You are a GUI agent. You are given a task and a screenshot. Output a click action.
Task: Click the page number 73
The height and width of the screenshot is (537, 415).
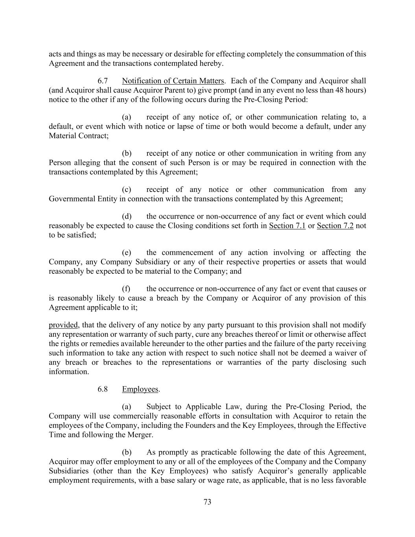(x=208, y=502)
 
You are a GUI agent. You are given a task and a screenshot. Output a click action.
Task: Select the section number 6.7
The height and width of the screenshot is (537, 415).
(x=103, y=81)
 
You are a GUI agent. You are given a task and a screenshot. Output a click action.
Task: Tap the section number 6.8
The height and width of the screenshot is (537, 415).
(x=103, y=389)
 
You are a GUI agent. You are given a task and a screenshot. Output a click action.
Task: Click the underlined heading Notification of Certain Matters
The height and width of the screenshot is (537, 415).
(x=173, y=81)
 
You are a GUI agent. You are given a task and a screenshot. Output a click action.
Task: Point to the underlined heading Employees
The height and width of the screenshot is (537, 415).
(x=140, y=389)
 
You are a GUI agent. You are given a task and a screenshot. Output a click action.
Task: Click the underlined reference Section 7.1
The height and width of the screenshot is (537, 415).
(x=287, y=226)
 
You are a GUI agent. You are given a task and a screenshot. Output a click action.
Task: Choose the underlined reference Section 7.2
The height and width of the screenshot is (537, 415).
(x=335, y=226)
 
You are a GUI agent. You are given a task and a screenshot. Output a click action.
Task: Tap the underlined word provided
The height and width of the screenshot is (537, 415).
(x=63, y=325)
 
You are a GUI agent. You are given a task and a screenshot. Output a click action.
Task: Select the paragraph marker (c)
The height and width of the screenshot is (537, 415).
(x=127, y=190)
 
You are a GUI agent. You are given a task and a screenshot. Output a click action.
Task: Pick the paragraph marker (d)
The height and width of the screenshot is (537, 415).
(x=127, y=216)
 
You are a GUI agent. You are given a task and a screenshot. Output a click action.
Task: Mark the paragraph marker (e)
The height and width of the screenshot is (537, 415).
(x=127, y=253)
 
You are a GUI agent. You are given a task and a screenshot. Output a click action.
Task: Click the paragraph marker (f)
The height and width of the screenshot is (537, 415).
(x=126, y=289)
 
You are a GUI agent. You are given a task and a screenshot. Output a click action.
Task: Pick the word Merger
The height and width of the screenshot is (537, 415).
(x=140, y=435)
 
